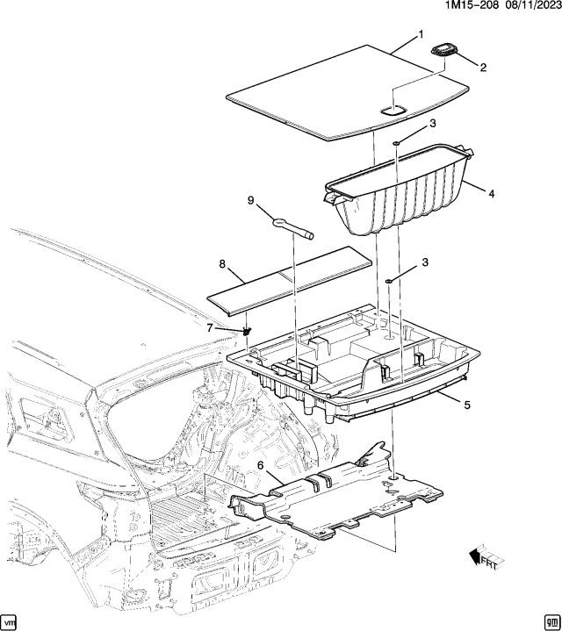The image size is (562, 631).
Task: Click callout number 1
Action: [421, 34]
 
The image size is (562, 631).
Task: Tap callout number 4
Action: [491, 193]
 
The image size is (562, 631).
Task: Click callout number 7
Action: [210, 327]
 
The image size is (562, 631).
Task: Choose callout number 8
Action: [222, 262]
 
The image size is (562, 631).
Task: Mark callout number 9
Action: [251, 200]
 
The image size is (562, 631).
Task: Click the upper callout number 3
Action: [433, 125]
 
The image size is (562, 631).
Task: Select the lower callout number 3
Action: [427, 262]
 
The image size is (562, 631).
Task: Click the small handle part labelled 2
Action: [445, 50]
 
